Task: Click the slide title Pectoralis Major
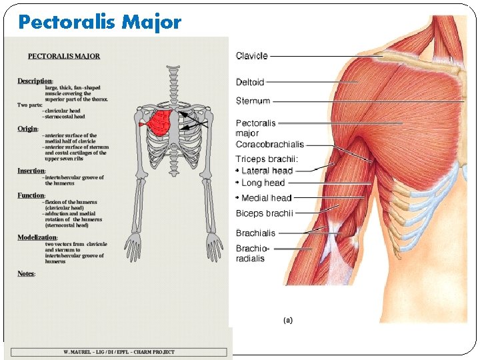[100, 23]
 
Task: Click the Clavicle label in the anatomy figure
[252, 56]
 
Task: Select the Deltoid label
[250, 82]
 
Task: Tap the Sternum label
[253, 101]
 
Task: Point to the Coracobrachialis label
[270, 144]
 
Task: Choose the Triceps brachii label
[267, 159]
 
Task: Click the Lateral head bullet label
[267, 171]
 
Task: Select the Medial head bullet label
[266, 198]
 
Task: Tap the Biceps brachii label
[264, 213]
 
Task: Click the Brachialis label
[255, 233]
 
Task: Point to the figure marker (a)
[288, 321]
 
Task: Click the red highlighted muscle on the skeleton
[159, 123]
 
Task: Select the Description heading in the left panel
[35, 81]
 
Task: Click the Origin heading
[28, 129]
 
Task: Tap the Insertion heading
[31, 171]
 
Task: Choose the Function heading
[31, 195]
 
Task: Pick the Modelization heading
[37, 238]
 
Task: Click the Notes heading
[26, 274]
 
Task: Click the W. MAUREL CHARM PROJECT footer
[119, 352]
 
